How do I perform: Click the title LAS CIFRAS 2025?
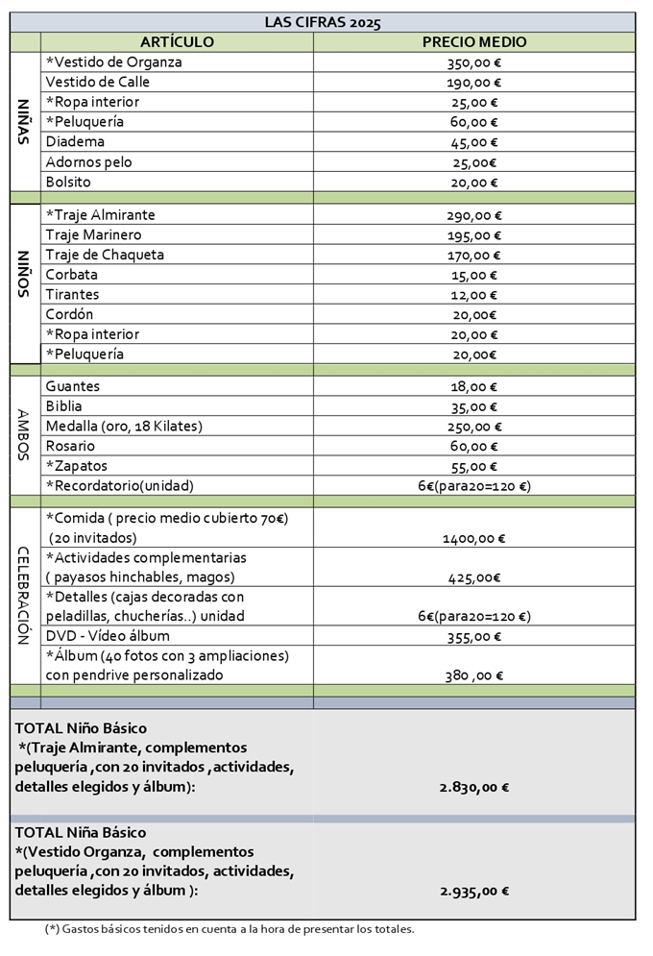pos(323,22)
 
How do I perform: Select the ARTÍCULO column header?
pos(177,42)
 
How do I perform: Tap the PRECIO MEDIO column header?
pos(473,42)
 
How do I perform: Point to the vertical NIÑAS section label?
pos(25,122)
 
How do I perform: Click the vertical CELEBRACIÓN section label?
pos(25,595)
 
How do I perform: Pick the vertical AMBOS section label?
pos(25,435)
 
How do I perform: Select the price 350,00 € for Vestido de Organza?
pos(473,62)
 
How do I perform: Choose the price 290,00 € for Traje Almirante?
pos(473,215)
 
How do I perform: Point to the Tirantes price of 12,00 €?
pos(473,295)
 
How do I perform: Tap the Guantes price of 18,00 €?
pos(473,387)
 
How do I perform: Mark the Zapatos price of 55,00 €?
pos(473,467)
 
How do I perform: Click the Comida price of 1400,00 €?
pos(473,538)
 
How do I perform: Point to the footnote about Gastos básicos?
pos(230,929)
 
